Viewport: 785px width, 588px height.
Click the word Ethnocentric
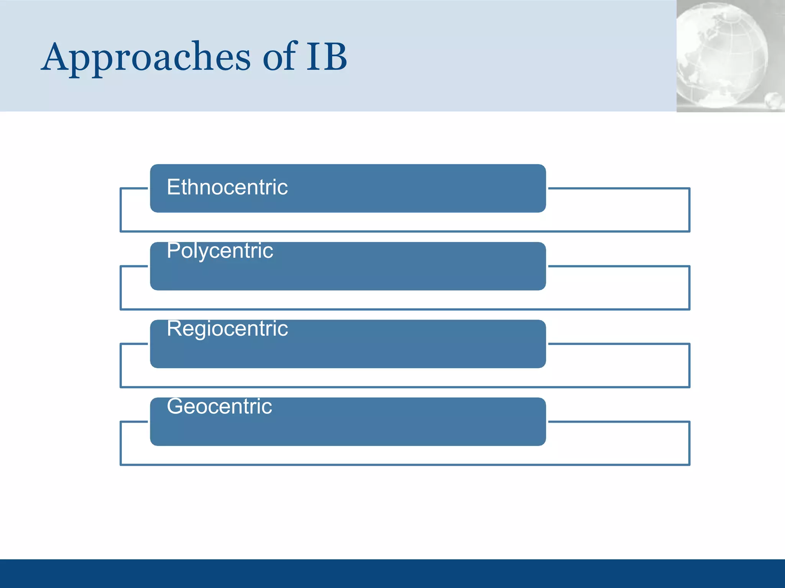(227, 187)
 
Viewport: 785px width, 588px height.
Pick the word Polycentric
(220, 251)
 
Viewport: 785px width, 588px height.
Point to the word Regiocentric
(227, 328)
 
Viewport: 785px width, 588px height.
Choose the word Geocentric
(219, 406)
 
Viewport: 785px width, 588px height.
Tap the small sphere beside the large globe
(773, 100)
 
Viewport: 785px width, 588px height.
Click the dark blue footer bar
(392, 573)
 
